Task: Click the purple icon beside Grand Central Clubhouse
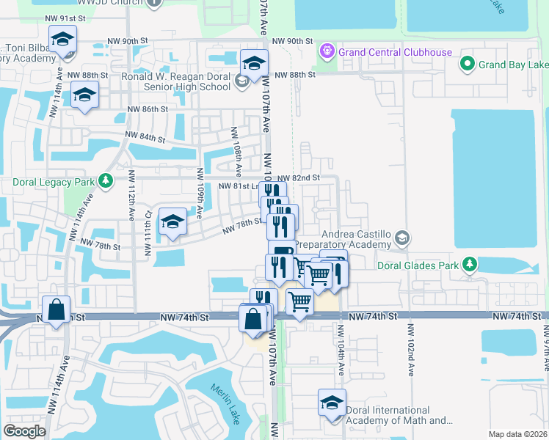[327, 51]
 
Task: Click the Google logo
[24, 431]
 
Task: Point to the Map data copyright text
[517, 434]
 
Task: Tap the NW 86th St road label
[148, 109]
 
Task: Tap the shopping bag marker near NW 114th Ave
[57, 311]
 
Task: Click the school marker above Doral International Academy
[331, 403]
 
